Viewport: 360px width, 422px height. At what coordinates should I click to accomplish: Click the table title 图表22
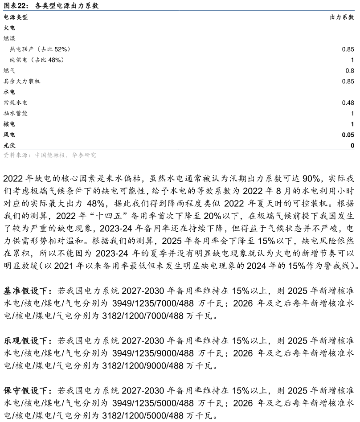[x=16, y=5]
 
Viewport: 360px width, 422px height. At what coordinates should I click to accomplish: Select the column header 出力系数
[x=342, y=17]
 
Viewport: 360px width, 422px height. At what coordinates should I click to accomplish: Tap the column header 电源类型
[x=16, y=17]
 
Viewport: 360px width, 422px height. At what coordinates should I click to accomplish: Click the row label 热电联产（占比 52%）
[x=41, y=49]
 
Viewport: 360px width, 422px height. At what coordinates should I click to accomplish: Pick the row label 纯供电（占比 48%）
[x=37, y=60]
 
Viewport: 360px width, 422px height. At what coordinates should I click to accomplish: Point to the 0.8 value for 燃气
[x=350, y=70]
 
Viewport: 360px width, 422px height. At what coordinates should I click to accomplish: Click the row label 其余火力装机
[x=22, y=81]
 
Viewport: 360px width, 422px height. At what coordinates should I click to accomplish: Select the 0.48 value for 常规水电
[x=348, y=102]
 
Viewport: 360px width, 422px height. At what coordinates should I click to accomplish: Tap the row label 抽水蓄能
[x=16, y=113]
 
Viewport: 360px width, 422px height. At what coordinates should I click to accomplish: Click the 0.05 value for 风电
[x=348, y=135]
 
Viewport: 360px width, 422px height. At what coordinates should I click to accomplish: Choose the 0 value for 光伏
[x=352, y=146]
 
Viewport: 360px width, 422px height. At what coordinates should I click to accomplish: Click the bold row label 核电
[x=9, y=124]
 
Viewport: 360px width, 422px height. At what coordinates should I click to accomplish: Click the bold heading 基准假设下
[x=28, y=291]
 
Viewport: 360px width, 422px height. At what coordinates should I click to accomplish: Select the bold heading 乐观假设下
[x=28, y=341]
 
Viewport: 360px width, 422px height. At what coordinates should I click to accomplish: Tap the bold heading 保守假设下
[x=28, y=390]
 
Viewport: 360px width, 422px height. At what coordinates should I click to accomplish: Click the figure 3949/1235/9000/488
[x=152, y=353]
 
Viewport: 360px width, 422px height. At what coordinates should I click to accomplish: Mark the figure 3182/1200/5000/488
[x=143, y=416]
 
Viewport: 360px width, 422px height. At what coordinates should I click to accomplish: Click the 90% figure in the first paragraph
[x=311, y=178]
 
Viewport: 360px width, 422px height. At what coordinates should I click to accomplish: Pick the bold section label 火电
[x=9, y=28]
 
